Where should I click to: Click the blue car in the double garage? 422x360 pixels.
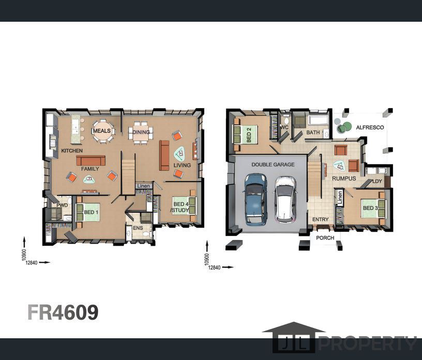[x=255, y=199]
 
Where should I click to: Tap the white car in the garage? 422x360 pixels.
[x=285, y=199]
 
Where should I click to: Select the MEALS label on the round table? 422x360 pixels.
[x=102, y=131]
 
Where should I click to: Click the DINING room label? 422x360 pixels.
[x=141, y=132]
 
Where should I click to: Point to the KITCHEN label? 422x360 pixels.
[x=72, y=151]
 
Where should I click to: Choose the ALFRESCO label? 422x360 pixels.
[x=370, y=127]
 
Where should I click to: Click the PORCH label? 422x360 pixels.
[x=325, y=238]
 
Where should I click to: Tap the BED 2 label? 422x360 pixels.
[x=249, y=135]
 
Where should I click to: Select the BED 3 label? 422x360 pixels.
[x=370, y=208]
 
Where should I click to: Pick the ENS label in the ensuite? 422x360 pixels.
[x=138, y=228]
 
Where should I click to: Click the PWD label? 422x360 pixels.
[x=62, y=205]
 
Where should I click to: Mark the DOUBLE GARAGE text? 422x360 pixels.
[x=273, y=164]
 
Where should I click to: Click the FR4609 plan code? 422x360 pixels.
[x=63, y=312]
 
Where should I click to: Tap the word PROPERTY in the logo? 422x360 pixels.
[x=367, y=343]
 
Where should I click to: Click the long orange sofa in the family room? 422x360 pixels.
[x=91, y=160]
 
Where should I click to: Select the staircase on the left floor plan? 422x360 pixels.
[x=128, y=176]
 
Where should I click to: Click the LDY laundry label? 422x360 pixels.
[x=377, y=181]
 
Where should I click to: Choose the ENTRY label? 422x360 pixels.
[x=320, y=219]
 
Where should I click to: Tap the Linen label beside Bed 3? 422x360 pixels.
[x=340, y=198]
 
